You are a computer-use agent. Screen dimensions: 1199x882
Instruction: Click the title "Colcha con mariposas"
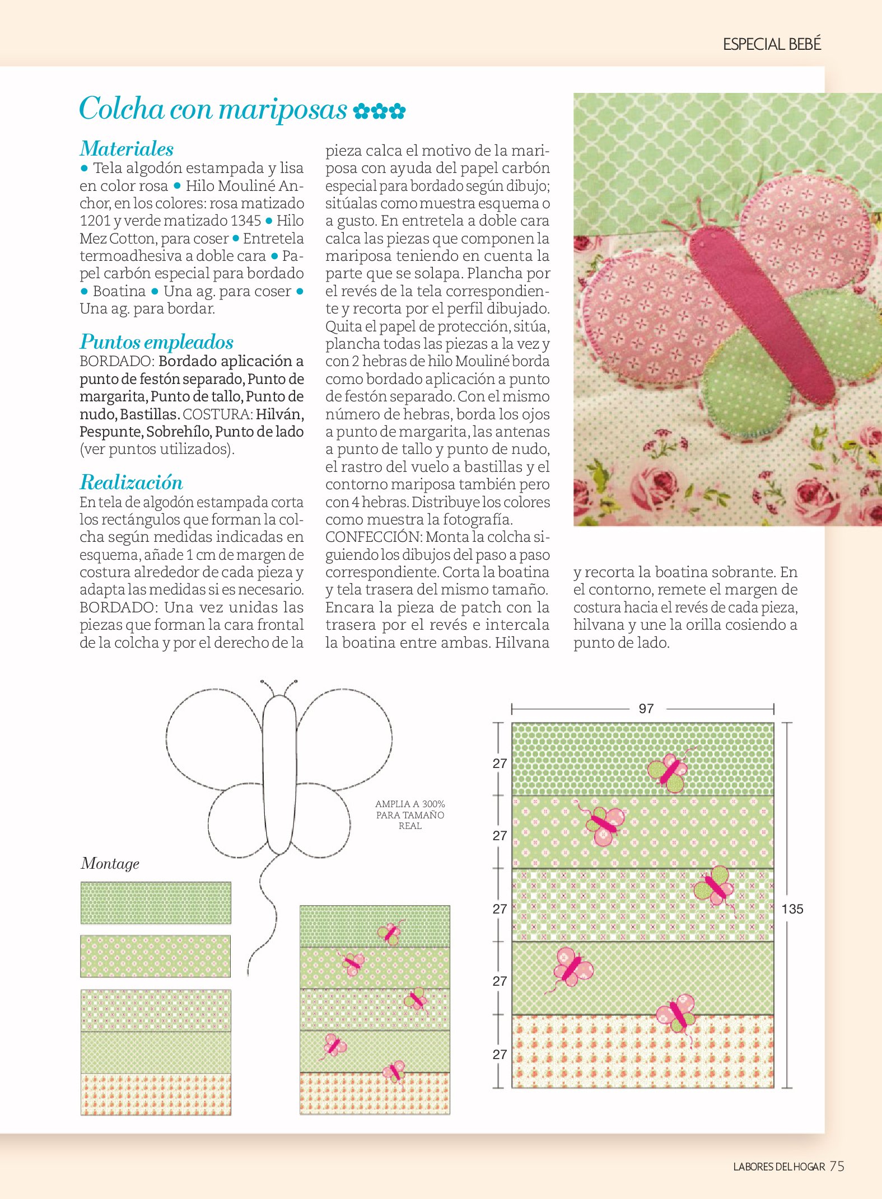coord(213,109)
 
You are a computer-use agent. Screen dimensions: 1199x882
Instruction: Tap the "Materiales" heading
coord(127,149)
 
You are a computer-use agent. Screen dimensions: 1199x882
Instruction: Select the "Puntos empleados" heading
coord(156,342)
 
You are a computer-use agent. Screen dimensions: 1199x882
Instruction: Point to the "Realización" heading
coord(131,483)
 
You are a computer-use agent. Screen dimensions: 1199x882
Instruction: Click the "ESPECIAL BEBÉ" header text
coord(772,44)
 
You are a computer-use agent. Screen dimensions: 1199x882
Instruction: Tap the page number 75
coord(837,1166)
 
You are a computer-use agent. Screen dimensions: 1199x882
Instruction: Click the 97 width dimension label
coord(646,709)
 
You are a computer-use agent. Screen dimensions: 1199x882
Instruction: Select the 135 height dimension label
coord(792,909)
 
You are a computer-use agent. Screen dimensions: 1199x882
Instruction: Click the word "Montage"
coord(110,864)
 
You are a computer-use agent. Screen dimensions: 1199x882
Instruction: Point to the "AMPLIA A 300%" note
coord(410,804)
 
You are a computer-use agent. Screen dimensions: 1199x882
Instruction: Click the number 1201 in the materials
coord(95,221)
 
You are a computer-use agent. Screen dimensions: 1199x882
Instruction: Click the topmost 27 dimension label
coord(500,764)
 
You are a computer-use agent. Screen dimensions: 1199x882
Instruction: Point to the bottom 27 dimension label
coord(500,1055)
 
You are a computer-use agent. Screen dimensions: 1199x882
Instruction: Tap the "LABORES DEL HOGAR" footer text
coord(779,1167)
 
